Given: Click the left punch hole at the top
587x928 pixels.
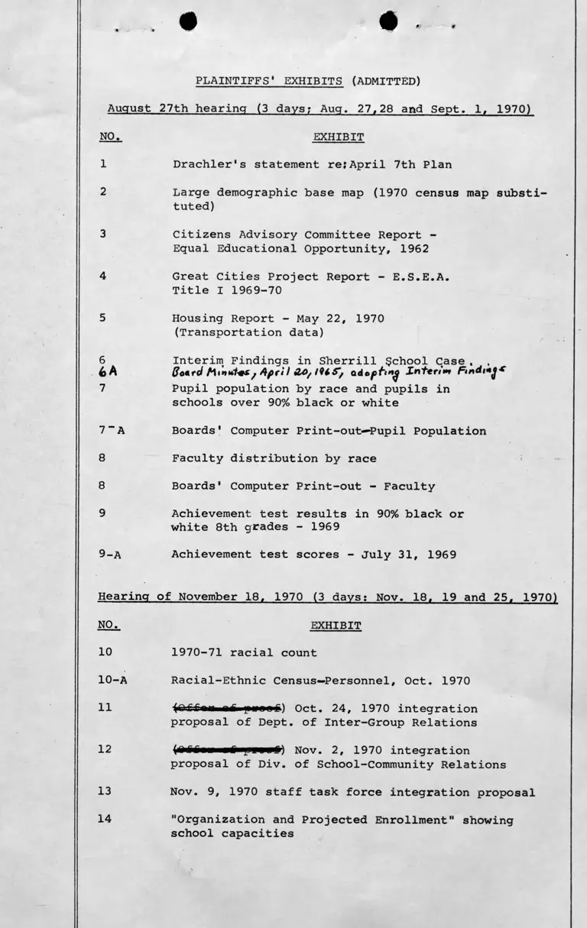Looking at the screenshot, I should pyautogui.click(x=188, y=22).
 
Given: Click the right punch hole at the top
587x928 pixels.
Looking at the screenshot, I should pyautogui.click(x=388, y=21).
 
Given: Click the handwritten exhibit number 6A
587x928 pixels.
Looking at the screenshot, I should pyautogui.click(x=108, y=373).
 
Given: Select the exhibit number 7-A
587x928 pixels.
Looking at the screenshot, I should pyautogui.click(x=112, y=431).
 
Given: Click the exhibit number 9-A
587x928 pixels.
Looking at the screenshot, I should pyautogui.click(x=112, y=555).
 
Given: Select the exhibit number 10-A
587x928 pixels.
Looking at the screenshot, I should pyautogui.click(x=112, y=681).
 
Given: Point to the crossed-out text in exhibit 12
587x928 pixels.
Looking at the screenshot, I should pyautogui.click(x=229, y=750).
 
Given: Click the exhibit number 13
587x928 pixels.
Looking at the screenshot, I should pyautogui.click(x=105, y=792).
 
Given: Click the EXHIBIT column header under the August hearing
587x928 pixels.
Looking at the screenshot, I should pyautogui.click(x=338, y=137).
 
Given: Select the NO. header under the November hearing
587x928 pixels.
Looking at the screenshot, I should pyautogui.click(x=109, y=626).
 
